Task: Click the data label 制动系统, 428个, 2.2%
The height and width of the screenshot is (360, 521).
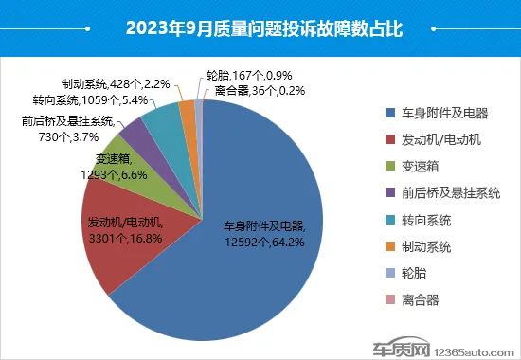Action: [x=115, y=83]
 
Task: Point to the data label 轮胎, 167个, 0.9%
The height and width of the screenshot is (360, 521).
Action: [x=240, y=76]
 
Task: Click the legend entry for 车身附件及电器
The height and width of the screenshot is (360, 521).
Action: [x=444, y=113]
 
